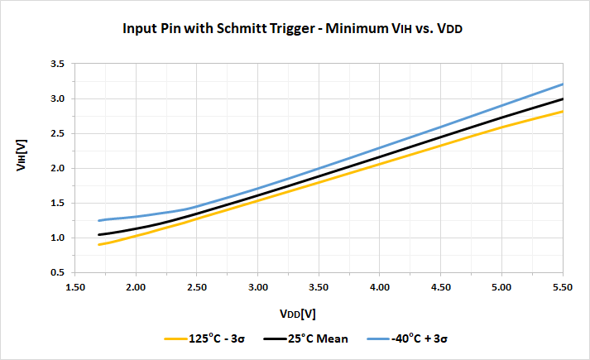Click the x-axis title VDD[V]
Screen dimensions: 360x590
[298, 314]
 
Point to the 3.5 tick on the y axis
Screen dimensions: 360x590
[58, 64]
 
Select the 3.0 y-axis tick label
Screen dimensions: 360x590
[58, 98]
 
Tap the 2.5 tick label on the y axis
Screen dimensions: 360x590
[58, 133]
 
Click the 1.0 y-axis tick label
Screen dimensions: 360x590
[58, 238]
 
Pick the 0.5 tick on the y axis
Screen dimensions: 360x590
[58, 272]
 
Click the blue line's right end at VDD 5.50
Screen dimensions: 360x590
[563, 84]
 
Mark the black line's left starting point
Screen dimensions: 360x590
[99, 235]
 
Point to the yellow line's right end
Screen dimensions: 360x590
[563, 111]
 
